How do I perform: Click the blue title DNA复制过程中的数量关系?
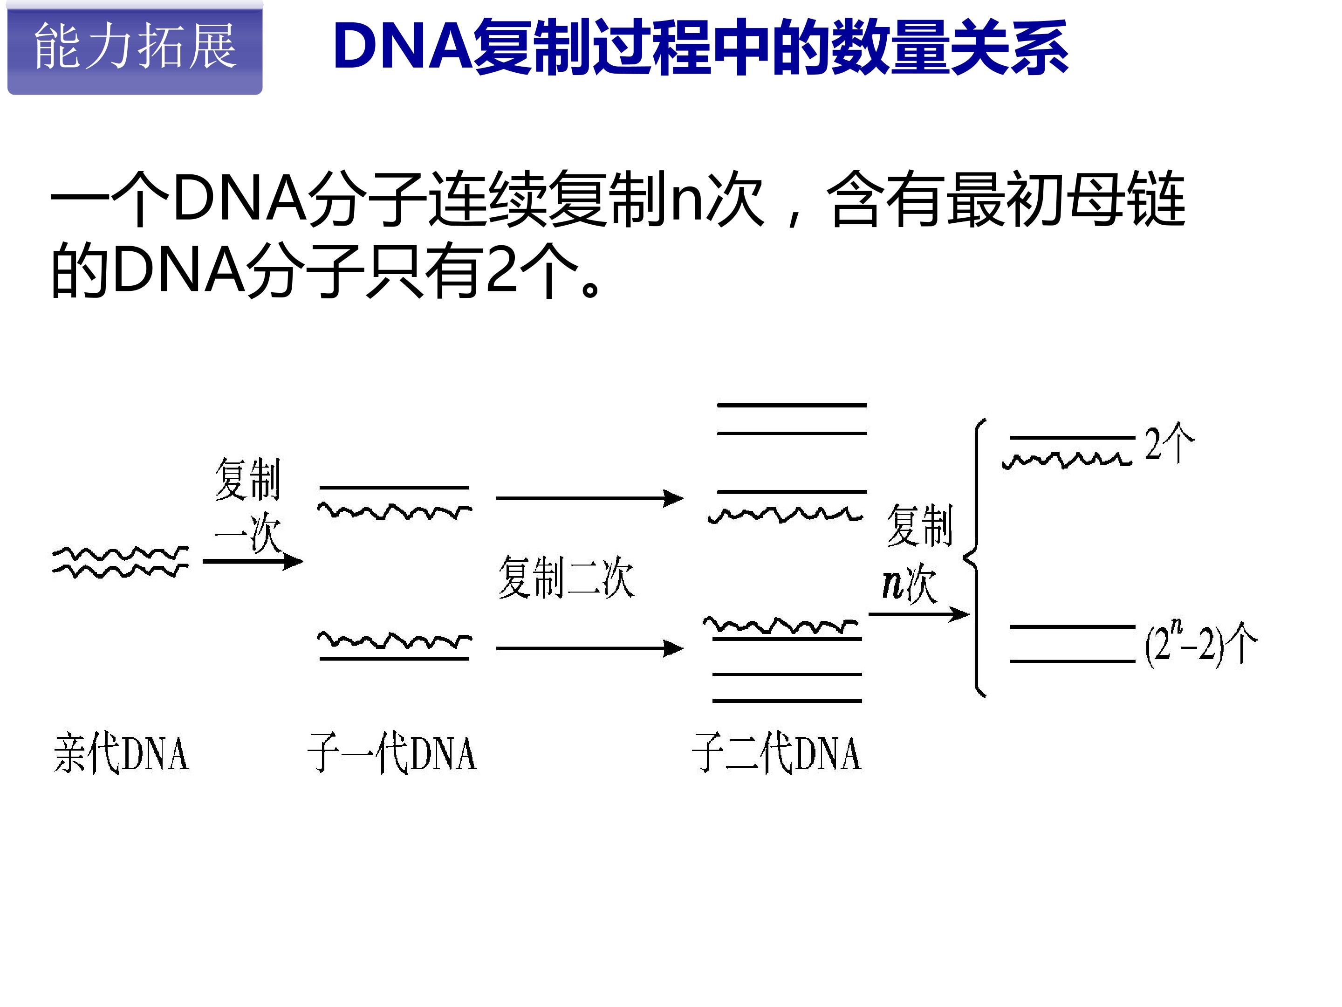[x=701, y=48]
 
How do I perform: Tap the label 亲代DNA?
[x=121, y=753]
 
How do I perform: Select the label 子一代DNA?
[x=392, y=753]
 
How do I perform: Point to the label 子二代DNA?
[x=777, y=753]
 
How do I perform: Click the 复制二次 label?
[x=566, y=577]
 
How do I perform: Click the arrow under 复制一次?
[x=253, y=561]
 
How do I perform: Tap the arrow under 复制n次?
[x=919, y=614]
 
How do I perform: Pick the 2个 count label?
[x=1170, y=442]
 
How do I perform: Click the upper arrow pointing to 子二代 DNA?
[x=590, y=498]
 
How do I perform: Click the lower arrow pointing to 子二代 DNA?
[x=590, y=648]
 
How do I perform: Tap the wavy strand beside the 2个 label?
[x=1067, y=460]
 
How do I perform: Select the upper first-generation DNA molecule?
[x=395, y=502]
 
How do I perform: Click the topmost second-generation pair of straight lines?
[x=792, y=419]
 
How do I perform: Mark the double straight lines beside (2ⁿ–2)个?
[x=1073, y=643]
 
